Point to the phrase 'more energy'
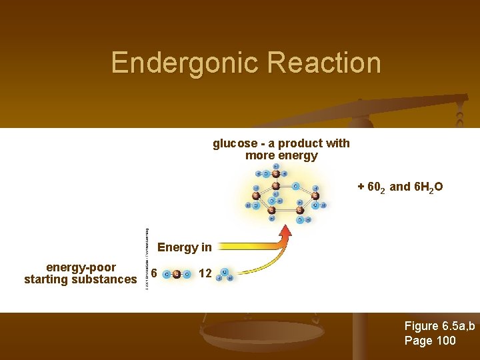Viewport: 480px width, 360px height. click(x=281, y=156)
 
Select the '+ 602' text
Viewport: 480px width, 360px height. click(x=371, y=187)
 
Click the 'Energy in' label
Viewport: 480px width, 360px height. click(x=184, y=247)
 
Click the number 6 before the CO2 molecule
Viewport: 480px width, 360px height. click(x=154, y=273)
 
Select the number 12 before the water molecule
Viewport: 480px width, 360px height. click(x=205, y=273)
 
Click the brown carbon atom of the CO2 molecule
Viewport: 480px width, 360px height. click(x=176, y=274)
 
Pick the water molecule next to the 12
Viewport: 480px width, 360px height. click(x=225, y=275)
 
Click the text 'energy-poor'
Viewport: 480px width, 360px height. click(x=81, y=267)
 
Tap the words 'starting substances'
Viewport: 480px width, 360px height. click(x=80, y=279)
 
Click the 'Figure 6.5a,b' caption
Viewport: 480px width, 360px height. click(x=439, y=326)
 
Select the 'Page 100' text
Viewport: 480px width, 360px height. click(x=430, y=341)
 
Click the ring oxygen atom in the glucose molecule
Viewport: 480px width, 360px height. click(x=296, y=186)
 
